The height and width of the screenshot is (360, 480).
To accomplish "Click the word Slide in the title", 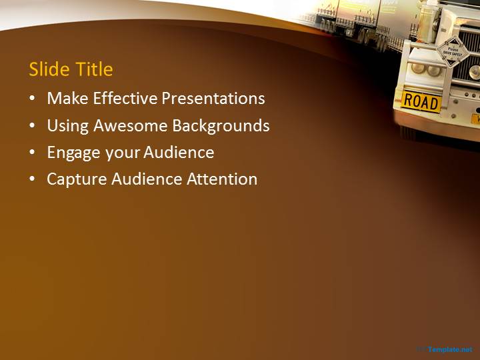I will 49,69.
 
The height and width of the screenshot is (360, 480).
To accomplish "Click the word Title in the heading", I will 93,69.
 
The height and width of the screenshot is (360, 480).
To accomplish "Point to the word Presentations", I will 214,99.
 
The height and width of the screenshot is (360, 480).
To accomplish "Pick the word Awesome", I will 131,125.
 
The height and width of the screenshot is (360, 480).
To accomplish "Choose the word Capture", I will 76,179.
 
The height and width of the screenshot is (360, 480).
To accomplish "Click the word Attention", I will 223,179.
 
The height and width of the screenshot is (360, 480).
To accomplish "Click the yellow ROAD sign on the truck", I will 421,102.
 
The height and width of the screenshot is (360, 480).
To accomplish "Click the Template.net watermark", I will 449,349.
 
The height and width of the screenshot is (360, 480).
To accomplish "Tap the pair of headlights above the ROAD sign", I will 426,69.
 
